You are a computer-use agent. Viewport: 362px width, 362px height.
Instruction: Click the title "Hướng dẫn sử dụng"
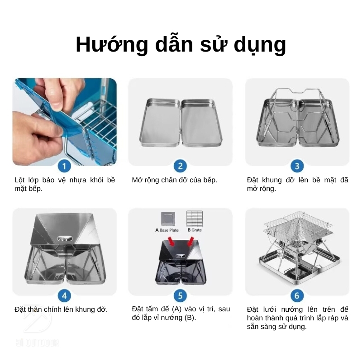pos(181,44)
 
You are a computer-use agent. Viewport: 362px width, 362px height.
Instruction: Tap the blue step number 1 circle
pos(64,166)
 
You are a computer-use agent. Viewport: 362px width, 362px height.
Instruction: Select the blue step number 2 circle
pos(180,166)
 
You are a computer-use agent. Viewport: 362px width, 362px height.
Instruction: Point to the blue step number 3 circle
pos(297,166)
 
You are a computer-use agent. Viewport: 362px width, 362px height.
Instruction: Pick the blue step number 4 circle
pos(64,295)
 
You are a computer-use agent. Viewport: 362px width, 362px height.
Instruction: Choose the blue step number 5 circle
pos(180,295)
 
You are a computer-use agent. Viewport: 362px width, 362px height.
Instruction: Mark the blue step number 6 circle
pos(297,295)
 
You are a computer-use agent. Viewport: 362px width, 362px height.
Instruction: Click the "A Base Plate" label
pos(167,230)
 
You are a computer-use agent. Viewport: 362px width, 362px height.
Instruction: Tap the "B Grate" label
pos(195,230)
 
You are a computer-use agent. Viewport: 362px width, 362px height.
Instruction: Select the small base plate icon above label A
pos(168,219)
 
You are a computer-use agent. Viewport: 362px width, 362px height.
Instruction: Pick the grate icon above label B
pos(195,219)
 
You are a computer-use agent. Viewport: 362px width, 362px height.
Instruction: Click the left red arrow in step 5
pos(171,241)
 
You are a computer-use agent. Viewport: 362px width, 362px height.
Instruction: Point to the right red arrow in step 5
pos(191,241)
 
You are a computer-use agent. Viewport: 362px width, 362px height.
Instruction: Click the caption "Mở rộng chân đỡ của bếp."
pos(175,180)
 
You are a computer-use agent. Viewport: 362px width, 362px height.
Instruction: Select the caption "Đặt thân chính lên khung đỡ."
pos(61,310)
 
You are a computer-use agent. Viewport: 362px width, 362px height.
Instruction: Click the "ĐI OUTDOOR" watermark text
pos(37,343)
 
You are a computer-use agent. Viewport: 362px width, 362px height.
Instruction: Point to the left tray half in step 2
pos(160,123)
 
